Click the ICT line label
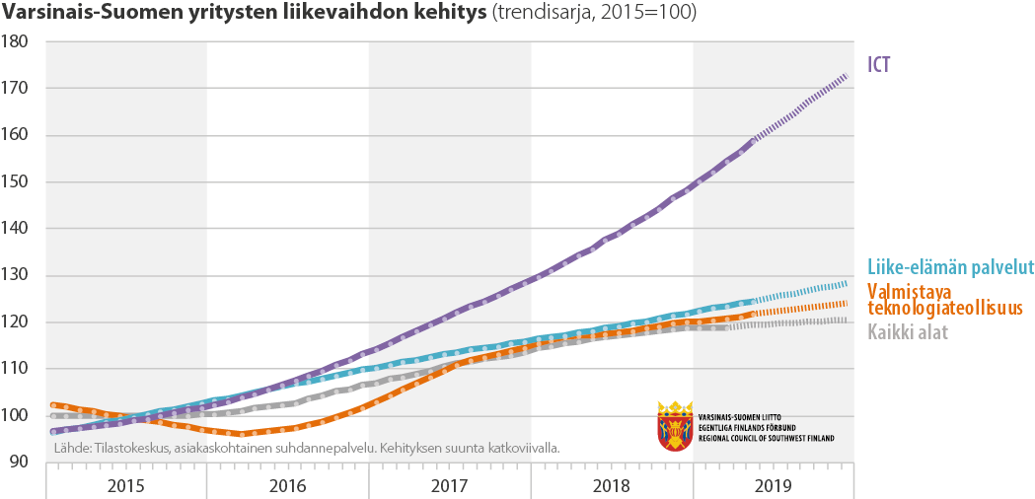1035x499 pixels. (x=878, y=64)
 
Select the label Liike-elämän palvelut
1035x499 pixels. (x=950, y=267)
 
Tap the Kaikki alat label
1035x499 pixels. (x=908, y=332)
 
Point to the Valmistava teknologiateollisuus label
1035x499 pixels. (x=943, y=300)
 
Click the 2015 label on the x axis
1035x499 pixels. (x=126, y=486)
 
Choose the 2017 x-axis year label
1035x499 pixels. (x=450, y=486)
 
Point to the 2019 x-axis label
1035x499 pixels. (x=774, y=486)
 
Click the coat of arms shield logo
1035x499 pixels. (x=675, y=425)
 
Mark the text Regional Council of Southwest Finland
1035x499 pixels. (x=765, y=437)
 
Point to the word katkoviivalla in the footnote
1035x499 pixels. (x=522, y=448)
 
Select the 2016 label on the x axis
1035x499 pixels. (x=288, y=486)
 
